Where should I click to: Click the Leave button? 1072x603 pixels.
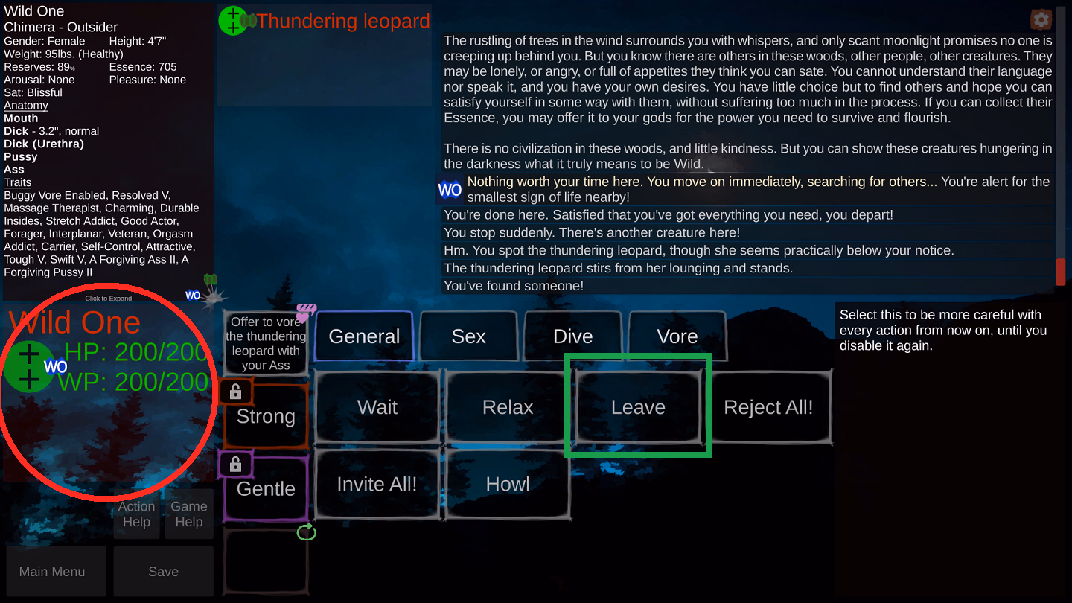[x=638, y=407]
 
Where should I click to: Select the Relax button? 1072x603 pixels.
[x=508, y=407]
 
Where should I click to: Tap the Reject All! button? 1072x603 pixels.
[x=768, y=407]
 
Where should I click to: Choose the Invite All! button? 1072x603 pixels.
[x=377, y=484]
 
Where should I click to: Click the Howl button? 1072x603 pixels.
[x=508, y=484]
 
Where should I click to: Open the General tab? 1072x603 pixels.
[x=364, y=336]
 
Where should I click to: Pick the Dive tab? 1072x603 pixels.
[x=572, y=336]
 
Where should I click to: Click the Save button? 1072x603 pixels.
[x=163, y=572]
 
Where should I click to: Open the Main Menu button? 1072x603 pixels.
[x=52, y=572]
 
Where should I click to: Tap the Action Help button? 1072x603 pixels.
[x=136, y=514]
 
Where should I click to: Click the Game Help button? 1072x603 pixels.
[x=189, y=514]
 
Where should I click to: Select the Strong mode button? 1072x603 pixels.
[x=266, y=417]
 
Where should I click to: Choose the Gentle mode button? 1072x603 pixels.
[x=266, y=489]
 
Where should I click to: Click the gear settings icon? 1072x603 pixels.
[x=1041, y=19]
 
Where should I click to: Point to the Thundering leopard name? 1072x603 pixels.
[x=343, y=21]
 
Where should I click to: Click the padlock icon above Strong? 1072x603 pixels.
[x=235, y=392]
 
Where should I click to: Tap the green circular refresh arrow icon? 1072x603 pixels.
[x=307, y=532]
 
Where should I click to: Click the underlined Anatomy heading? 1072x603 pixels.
[x=26, y=106]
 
